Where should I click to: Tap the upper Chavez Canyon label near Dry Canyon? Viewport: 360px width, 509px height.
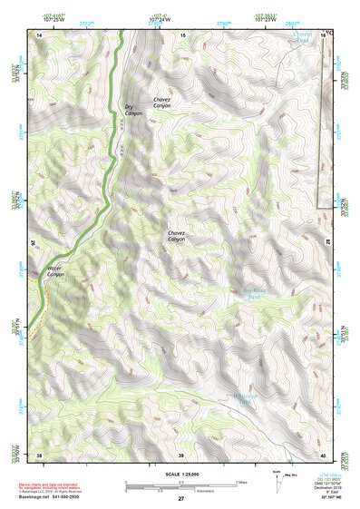(x=161, y=103)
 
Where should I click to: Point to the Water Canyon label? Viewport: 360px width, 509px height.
(x=56, y=271)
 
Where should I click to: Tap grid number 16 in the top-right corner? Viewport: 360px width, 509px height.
(x=322, y=34)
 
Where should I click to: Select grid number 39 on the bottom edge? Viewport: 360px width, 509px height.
(x=181, y=454)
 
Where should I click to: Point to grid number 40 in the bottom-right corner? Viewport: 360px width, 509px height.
(x=322, y=454)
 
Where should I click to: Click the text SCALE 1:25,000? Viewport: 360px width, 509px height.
(x=180, y=474)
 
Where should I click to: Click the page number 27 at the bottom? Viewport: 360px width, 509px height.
(x=180, y=500)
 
